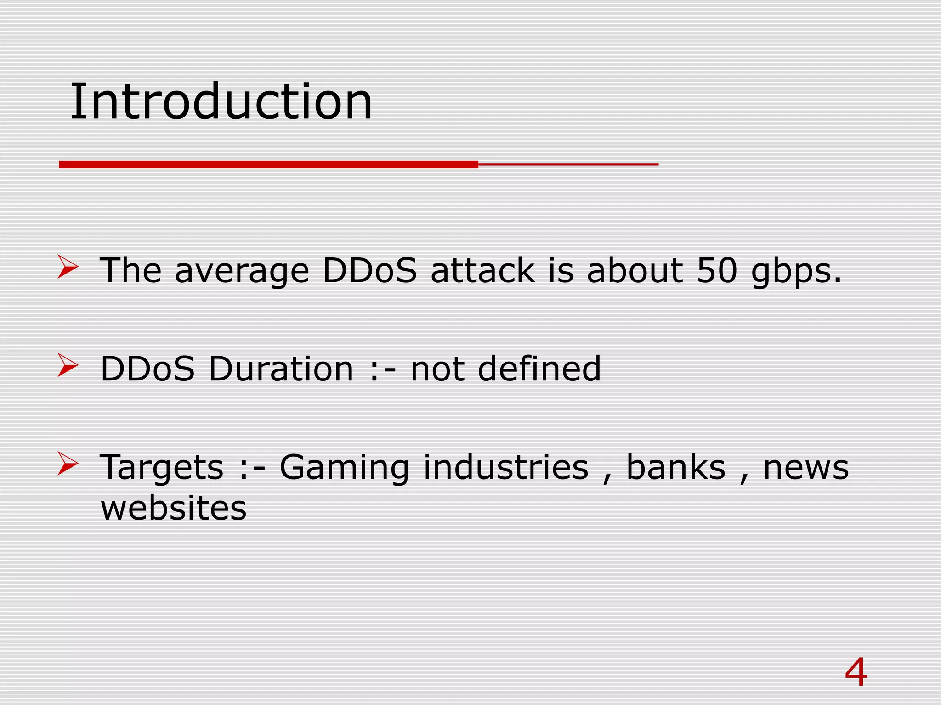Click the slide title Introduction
(x=221, y=102)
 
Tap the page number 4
(x=856, y=673)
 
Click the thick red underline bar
(x=269, y=164)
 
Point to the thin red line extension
(x=568, y=164)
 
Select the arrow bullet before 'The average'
(x=68, y=267)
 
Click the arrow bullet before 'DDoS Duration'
(x=68, y=366)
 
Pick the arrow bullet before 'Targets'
(x=68, y=464)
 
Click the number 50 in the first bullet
(x=717, y=270)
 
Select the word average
(x=242, y=272)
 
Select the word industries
(x=505, y=467)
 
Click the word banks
(x=676, y=467)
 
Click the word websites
(x=174, y=508)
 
